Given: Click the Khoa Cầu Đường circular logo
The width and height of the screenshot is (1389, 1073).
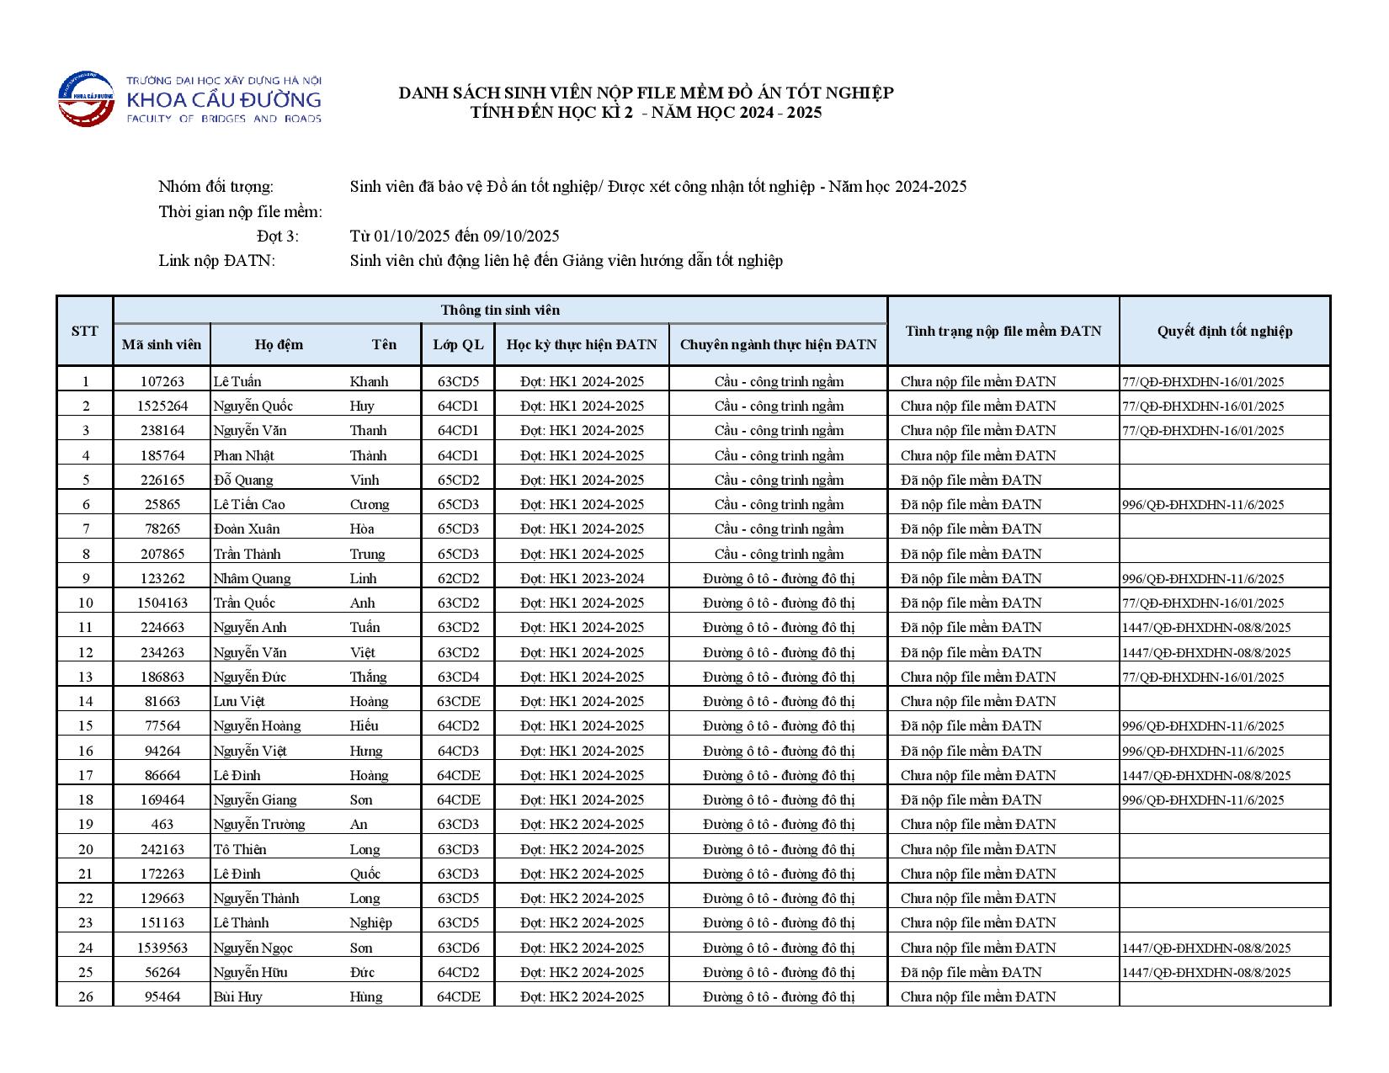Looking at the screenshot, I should click(x=86, y=98).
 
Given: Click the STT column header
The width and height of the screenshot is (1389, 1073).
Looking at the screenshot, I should click(x=84, y=331).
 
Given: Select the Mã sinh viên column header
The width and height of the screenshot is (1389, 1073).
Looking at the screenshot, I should click(x=162, y=344).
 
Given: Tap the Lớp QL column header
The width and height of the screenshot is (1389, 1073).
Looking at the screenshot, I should click(x=458, y=344).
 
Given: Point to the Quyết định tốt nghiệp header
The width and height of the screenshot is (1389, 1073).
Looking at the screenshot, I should click(x=1224, y=331).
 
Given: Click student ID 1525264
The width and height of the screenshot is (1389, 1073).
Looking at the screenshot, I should click(x=162, y=406).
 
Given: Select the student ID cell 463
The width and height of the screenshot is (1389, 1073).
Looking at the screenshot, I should click(x=162, y=824).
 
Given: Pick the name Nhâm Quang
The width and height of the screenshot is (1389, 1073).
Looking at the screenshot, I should click(x=252, y=578).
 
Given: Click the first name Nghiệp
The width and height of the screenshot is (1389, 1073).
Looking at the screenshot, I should click(x=370, y=922).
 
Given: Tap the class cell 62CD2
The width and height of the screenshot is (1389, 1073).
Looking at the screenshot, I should click(x=458, y=578).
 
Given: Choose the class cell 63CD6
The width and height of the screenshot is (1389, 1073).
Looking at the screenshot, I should click(x=458, y=948).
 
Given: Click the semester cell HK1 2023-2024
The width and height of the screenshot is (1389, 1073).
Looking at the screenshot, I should click(x=582, y=578).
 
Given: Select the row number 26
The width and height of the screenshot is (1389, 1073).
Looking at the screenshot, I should click(x=85, y=996).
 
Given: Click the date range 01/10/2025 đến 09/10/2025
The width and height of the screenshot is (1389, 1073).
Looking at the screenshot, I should click(x=455, y=236).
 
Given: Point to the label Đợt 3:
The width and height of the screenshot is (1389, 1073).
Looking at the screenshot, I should click(x=278, y=236).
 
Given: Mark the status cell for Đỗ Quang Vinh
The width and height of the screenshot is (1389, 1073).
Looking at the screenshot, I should click(x=971, y=480).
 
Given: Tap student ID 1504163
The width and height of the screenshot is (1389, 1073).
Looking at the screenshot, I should click(x=162, y=603).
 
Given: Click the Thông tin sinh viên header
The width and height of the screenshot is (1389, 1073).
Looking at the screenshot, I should click(x=500, y=310).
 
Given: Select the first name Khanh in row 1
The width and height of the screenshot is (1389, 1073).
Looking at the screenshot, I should click(x=369, y=381).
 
